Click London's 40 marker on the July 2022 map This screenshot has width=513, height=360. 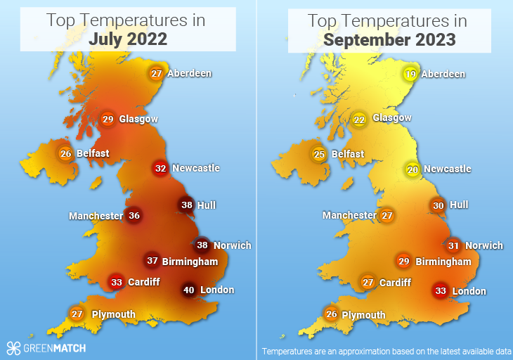[188, 290]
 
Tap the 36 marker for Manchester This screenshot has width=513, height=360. [134, 216]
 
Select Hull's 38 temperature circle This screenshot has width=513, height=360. [186, 205]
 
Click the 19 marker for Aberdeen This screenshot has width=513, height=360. [412, 74]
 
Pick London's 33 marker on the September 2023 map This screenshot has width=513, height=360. [441, 291]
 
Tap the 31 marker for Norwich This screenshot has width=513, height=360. [453, 246]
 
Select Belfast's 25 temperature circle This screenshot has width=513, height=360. [320, 154]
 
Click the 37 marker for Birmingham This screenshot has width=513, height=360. [152, 261]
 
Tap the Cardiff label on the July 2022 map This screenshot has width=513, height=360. [143, 283]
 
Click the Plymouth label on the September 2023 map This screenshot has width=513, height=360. [363, 315]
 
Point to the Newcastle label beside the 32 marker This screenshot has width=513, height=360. [196, 168]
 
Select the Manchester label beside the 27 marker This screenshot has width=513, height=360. [349, 215]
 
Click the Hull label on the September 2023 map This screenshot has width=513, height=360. [459, 205]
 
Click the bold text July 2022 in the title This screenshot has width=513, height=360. [128, 39]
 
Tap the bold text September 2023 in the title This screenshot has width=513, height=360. [389, 39]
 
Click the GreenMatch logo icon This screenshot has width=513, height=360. [13, 347]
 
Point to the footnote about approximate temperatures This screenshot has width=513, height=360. [386, 351]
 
